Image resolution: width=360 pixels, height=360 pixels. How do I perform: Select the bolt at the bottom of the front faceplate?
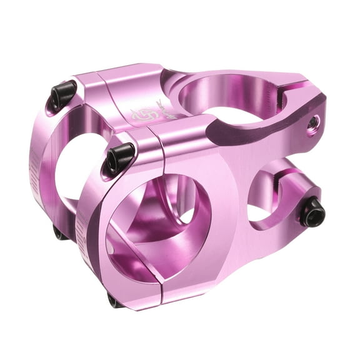115,301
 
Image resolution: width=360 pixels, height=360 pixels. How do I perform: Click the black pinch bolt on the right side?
312,213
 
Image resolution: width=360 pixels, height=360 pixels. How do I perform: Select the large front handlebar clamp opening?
156,231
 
